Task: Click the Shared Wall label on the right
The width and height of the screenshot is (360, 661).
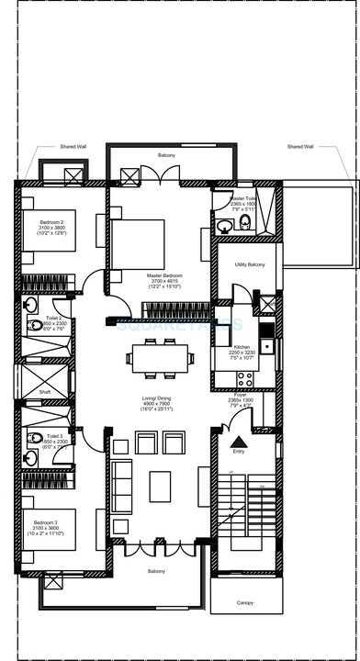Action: [x=300, y=146]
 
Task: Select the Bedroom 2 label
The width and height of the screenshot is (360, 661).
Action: [x=51, y=223]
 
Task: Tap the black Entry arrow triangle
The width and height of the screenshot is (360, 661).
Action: [x=240, y=442]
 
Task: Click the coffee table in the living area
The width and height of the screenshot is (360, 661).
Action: [x=160, y=486]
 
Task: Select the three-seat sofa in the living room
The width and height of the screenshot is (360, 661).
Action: [x=121, y=487]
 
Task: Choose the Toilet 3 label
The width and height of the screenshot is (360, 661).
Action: [x=55, y=436]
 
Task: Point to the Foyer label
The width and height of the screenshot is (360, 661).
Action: [x=240, y=394]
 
